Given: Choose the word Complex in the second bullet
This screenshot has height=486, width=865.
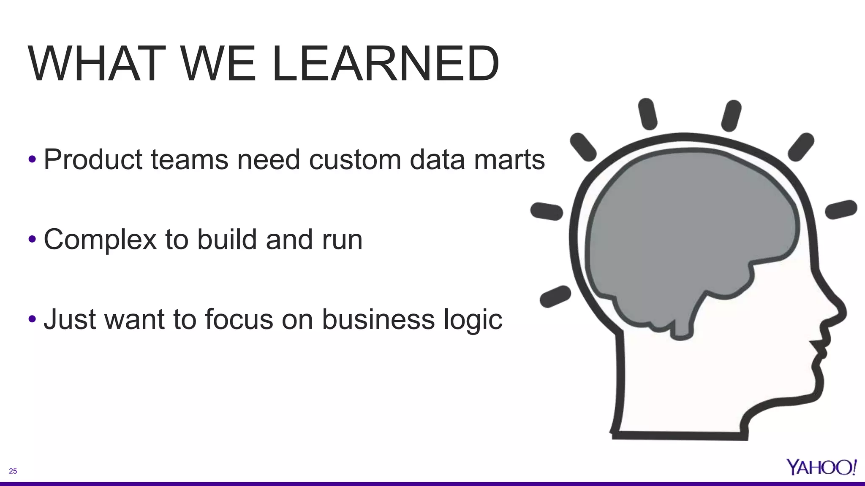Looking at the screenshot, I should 100,240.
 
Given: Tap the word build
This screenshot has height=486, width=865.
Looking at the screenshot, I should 227,239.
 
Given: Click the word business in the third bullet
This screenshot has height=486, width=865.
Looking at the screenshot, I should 378,319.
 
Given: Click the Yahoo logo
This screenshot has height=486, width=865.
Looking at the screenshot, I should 821,467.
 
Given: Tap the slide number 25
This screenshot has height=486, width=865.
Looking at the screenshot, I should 13,471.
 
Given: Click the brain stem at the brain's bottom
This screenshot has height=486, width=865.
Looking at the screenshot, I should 681,327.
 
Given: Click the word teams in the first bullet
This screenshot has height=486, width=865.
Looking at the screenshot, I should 189,160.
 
